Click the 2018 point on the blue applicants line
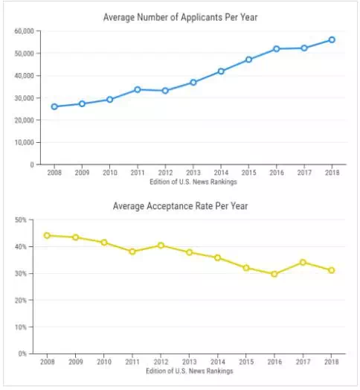point(332,39)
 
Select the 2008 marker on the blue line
point(54,106)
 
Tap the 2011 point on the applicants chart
point(138,89)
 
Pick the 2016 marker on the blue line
point(276,49)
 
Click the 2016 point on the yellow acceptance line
point(274,274)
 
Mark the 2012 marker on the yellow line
point(161,246)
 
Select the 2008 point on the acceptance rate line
point(47,235)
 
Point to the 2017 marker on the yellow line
point(303,262)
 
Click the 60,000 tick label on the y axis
point(24,31)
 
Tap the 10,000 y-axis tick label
point(24,142)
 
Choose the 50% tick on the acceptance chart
point(21,220)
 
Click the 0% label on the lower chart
point(22,354)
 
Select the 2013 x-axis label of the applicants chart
point(193,173)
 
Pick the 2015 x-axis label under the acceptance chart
point(246,362)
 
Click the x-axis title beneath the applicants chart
point(193,182)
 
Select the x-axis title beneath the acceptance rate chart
point(190,371)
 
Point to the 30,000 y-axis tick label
point(24,98)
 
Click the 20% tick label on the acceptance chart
point(21,301)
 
